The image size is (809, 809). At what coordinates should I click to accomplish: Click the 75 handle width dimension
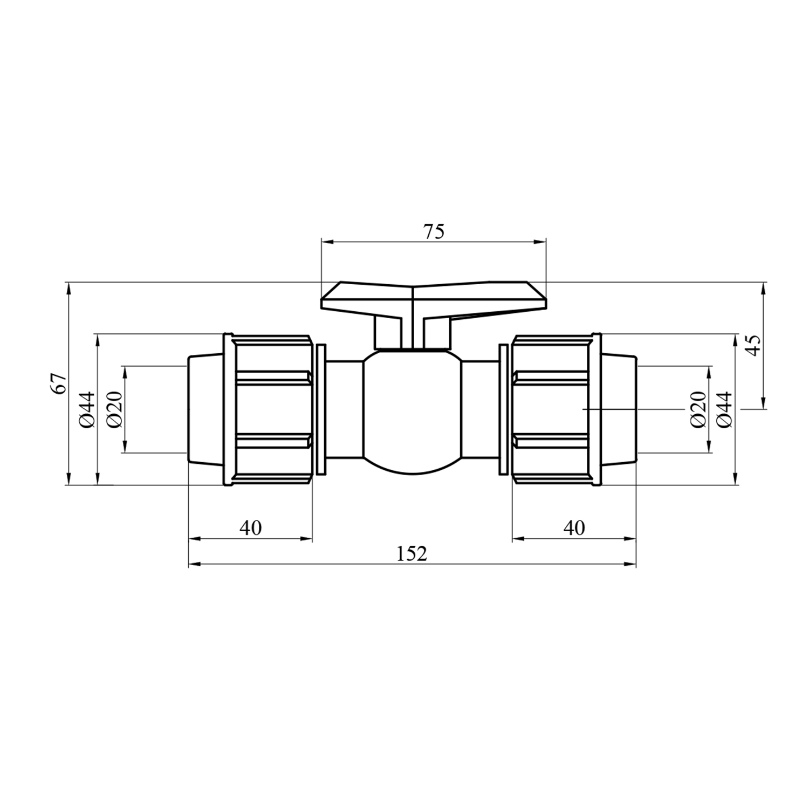click(434, 232)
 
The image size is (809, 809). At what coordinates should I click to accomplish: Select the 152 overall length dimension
click(412, 553)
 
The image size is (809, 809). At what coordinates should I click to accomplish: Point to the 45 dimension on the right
click(755, 345)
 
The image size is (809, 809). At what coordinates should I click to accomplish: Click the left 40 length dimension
click(251, 527)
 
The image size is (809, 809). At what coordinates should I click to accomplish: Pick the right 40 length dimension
click(574, 527)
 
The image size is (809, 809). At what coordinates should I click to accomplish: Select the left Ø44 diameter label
click(88, 409)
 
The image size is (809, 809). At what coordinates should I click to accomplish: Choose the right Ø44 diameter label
click(726, 409)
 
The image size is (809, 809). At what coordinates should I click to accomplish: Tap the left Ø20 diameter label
click(115, 409)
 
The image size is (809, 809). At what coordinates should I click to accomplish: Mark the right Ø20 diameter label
click(698, 409)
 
